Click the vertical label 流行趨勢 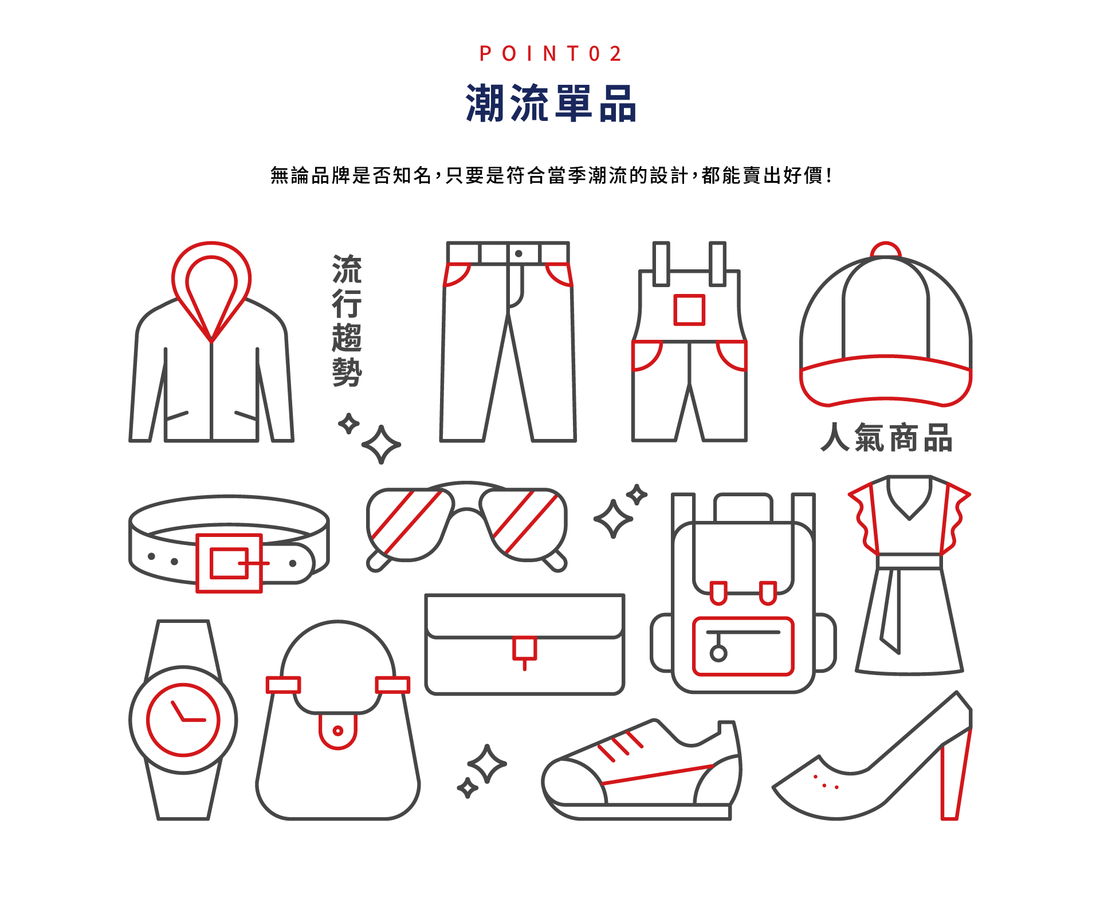click(347, 320)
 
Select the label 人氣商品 click(886, 438)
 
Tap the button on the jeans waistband click(518, 253)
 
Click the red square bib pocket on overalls click(689, 310)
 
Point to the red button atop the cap click(886, 250)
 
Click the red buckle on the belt click(229, 563)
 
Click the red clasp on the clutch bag click(524, 649)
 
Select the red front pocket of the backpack click(743, 646)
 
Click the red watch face click(183, 720)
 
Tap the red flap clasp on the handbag click(338, 731)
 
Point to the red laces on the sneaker click(620, 745)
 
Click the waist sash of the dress click(909, 561)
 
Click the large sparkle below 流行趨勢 click(381, 445)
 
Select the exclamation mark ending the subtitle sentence click(829, 175)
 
